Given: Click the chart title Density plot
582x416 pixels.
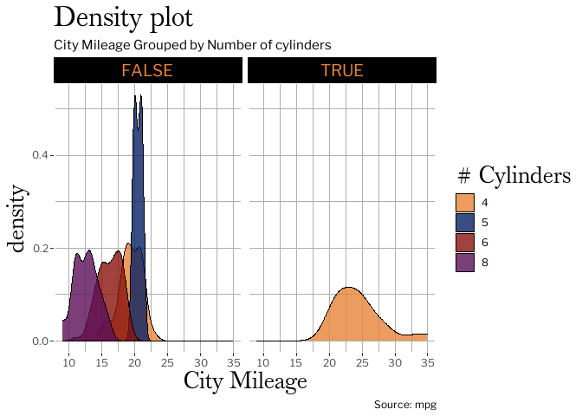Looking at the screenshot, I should tap(123, 18).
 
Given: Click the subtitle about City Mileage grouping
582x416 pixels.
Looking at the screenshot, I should tap(192, 44).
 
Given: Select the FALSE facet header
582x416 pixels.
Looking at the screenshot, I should tap(147, 70).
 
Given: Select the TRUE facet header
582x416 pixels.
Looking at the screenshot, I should tap(342, 70).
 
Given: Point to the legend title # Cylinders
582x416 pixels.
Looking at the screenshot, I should tap(514, 175).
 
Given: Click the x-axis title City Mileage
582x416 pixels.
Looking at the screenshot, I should tap(245, 380).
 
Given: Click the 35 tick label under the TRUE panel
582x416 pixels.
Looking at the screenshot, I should tap(427, 361).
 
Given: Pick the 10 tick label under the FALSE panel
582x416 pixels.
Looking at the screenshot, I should tap(69, 361).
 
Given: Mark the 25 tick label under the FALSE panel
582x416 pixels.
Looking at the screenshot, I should tap(168, 361).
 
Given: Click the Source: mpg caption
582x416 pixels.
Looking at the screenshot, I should tap(404, 405).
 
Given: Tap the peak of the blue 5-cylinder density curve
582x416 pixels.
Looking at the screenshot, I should tap(136, 96).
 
